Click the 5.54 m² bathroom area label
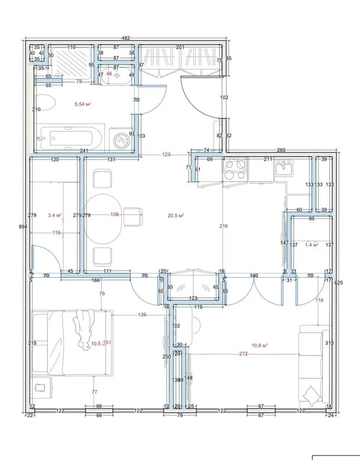click(x=84, y=104)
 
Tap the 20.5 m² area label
click(x=175, y=215)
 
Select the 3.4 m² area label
click(x=55, y=215)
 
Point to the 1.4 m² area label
click(x=312, y=245)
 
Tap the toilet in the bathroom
click(x=46, y=106)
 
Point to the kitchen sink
click(x=285, y=169)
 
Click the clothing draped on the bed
click(x=83, y=329)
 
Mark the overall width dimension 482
click(x=126, y=38)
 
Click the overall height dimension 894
click(x=23, y=227)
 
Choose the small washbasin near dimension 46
click(x=118, y=75)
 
